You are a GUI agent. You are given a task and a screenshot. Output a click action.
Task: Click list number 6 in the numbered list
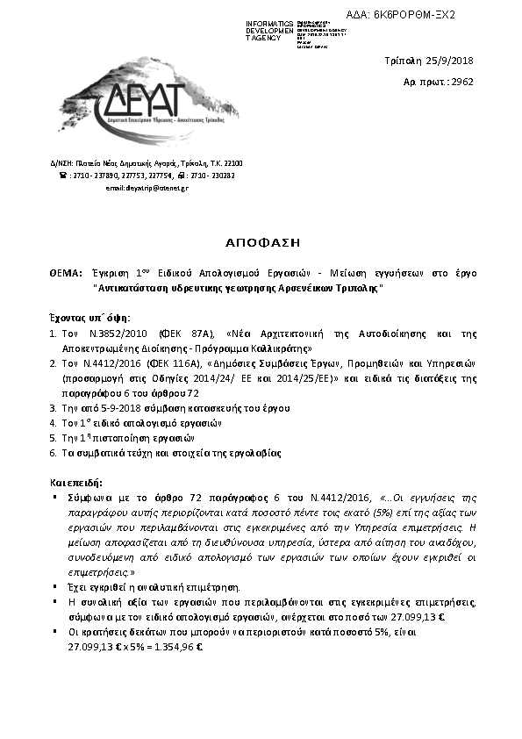point(53,452)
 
